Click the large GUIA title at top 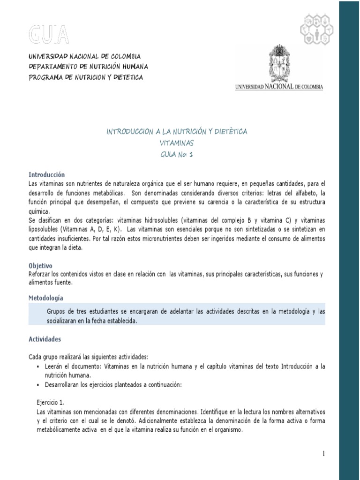(49, 34)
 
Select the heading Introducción (46, 174)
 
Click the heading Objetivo (40, 265)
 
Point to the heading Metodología (46, 298)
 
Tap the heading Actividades (45, 339)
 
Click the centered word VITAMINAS (176, 143)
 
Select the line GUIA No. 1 (176, 155)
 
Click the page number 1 (323, 453)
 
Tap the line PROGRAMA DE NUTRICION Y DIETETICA (86, 77)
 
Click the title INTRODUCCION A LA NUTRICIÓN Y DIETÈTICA (176, 132)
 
